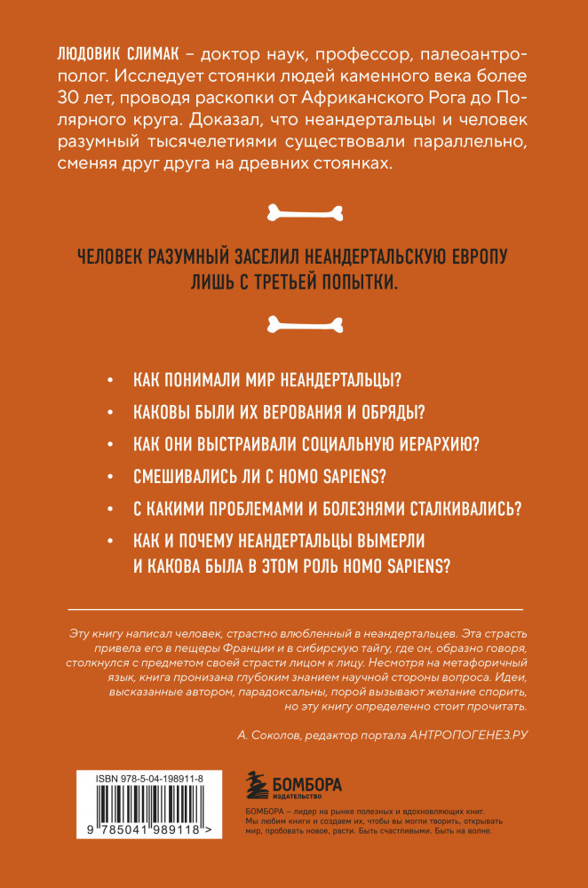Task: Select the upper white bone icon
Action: (x=294, y=212)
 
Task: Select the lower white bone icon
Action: (x=294, y=323)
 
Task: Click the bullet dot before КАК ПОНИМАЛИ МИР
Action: (x=109, y=380)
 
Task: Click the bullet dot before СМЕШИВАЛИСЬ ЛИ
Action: (x=109, y=476)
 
